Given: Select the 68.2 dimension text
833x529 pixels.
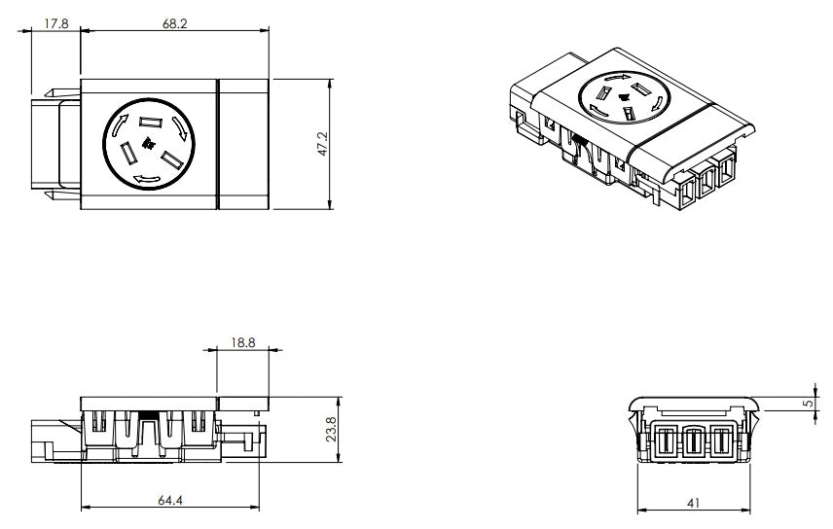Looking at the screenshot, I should point(174,22).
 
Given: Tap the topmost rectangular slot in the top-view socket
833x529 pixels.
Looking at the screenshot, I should point(148,123).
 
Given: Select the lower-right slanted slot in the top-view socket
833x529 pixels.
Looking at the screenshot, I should point(175,159).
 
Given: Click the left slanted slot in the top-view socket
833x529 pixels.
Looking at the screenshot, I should point(127,154).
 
